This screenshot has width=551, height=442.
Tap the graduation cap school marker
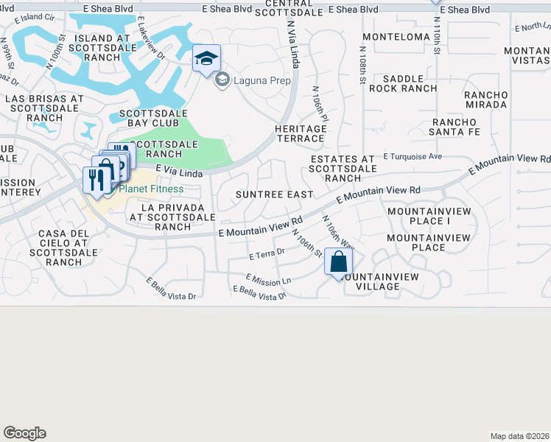tap(206, 58)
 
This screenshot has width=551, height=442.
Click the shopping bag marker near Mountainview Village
tap(338, 261)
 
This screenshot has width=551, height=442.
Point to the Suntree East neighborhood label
tap(275, 194)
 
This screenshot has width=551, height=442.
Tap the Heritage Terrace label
tap(301, 133)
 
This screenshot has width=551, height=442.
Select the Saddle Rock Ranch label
tap(403, 83)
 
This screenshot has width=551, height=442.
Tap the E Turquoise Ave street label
tap(413, 157)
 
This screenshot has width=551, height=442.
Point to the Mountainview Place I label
tap(418, 216)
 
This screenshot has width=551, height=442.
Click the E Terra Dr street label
tap(267, 255)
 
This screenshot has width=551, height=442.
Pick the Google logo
tap(24, 433)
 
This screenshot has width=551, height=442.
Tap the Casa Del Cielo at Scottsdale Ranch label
tap(63, 248)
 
